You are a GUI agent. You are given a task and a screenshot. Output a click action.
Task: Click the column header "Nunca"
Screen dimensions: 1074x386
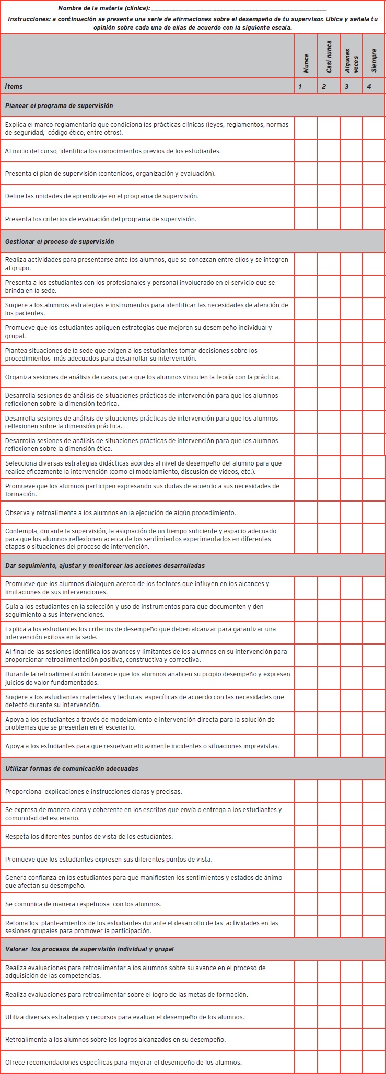[306, 63]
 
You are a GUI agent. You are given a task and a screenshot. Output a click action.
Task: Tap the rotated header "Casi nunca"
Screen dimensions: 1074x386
[329, 56]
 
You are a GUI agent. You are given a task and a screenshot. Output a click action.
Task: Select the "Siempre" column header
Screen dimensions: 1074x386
[374, 61]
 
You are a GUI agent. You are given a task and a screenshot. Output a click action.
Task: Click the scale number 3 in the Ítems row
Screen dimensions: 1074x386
[346, 87]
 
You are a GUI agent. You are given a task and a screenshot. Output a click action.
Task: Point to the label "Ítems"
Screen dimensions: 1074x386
[14, 87]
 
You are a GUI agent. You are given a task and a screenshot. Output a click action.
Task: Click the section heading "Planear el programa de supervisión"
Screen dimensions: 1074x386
[59, 106]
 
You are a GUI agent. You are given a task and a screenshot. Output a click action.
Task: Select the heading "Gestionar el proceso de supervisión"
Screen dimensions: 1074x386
[60, 242]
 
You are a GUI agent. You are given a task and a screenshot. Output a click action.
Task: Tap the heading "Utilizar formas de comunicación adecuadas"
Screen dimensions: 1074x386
[72, 769]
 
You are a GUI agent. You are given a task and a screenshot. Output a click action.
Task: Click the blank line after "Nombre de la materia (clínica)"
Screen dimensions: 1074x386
[239, 9]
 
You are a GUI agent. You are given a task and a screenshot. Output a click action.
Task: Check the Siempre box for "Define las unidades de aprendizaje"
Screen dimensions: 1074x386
[374, 196]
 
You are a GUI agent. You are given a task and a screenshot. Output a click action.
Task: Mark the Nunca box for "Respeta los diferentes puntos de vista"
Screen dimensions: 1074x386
[306, 837]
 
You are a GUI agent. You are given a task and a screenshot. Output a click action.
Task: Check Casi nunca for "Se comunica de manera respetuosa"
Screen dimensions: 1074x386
[329, 904]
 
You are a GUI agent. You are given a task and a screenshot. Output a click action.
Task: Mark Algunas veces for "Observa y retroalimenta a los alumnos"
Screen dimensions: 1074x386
[351, 513]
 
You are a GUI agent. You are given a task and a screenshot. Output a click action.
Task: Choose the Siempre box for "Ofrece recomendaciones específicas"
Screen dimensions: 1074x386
[374, 1063]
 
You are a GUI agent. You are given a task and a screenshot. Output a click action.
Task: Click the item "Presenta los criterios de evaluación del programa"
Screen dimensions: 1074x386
[101, 219]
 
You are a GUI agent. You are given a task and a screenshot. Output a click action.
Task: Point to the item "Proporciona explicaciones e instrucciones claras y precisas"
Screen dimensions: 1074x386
[93, 792]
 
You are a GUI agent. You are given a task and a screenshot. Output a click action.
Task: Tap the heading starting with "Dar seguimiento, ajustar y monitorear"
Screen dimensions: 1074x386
[105, 566]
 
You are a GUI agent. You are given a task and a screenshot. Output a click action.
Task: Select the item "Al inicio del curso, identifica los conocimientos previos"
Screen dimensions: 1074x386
[113, 151]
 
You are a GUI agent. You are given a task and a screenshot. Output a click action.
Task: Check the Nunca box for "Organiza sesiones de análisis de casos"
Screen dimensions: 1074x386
[306, 377]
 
